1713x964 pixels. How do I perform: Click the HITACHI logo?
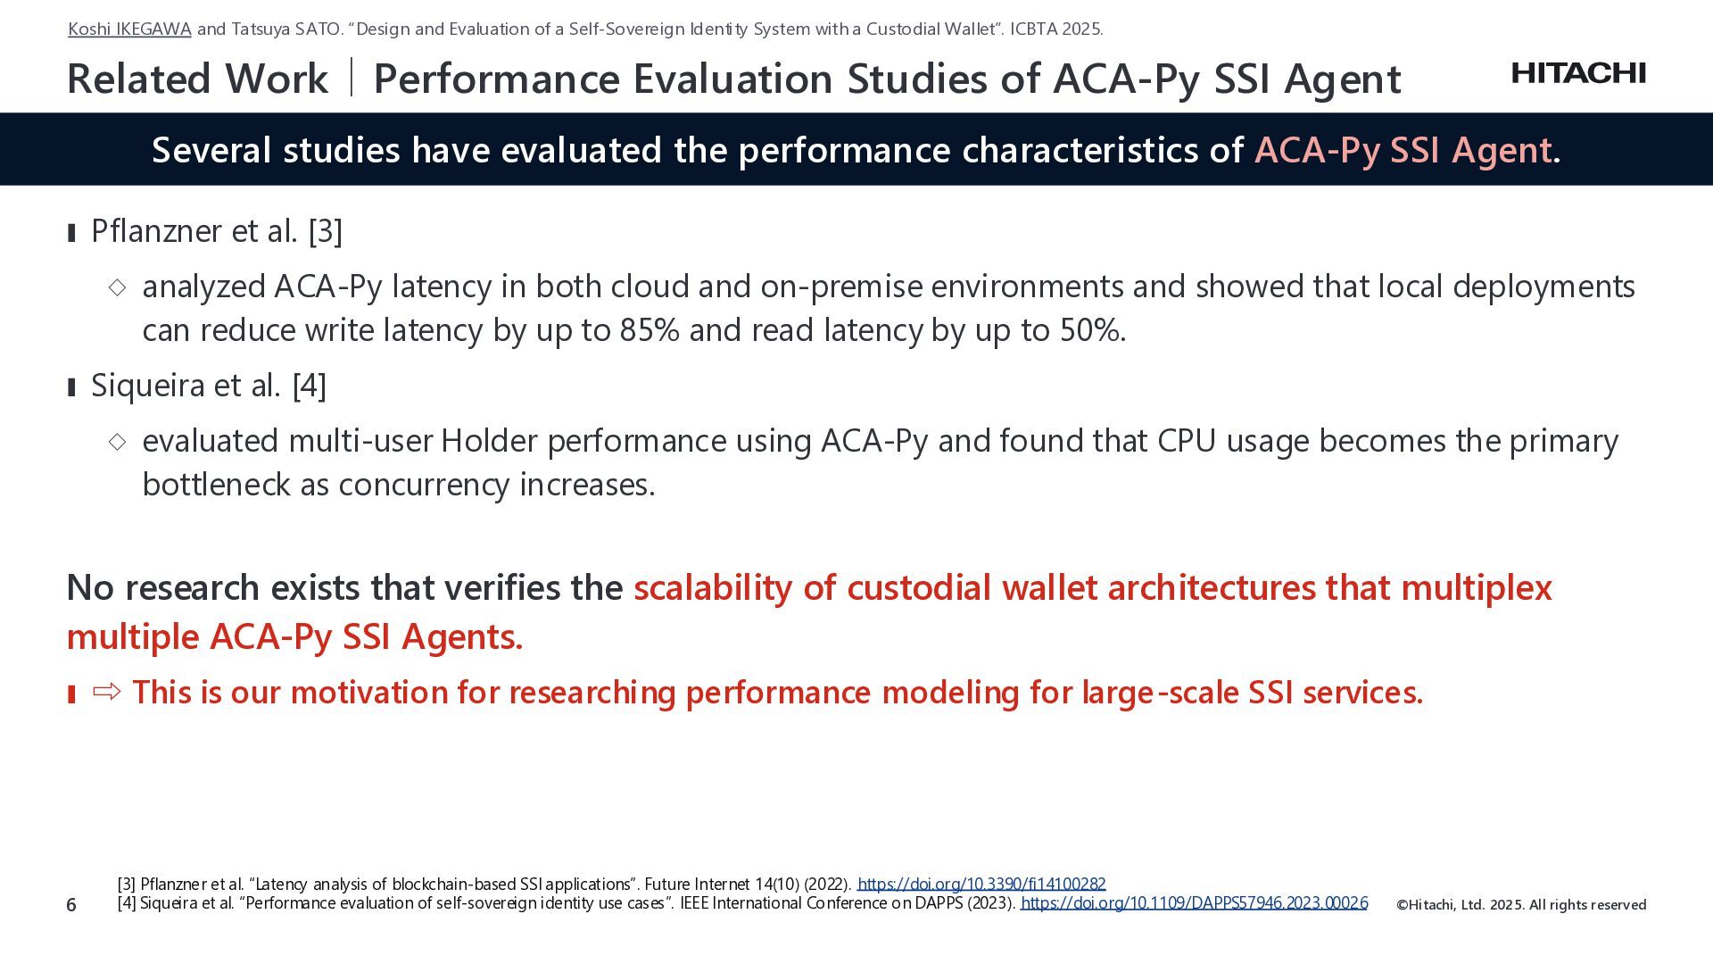coord(1578,73)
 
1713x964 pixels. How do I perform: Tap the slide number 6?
coord(71,905)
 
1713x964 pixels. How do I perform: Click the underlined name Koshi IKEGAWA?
coord(129,29)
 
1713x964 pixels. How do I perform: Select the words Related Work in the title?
coord(197,79)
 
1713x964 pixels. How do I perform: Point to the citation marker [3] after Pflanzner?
coord(326,231)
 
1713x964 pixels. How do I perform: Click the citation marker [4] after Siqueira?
coord(310,386)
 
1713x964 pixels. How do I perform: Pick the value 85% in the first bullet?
coord(650,330)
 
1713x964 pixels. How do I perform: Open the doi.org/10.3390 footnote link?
coord(981,884)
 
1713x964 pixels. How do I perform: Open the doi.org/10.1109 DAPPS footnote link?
coord(1194,902)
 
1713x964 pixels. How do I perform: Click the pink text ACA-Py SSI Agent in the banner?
coord(1403,150)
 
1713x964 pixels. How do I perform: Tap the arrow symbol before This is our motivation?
coord(107,692)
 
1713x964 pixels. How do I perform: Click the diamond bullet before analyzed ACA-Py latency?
coord(117,287)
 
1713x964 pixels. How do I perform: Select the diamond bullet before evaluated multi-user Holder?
coord(117,441)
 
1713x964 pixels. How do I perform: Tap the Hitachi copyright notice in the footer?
coord(1521,905)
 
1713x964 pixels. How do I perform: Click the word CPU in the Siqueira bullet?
coord(1187,441)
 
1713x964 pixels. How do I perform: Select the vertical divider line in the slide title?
coord(352,77)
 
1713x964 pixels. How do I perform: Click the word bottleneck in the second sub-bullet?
coord(217,485)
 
